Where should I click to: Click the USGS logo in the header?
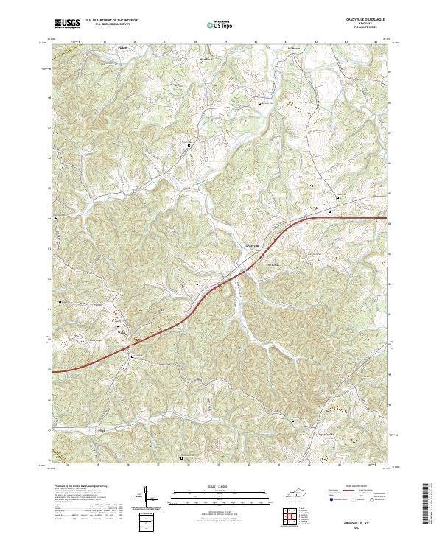pos(68,23)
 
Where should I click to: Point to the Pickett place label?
pos(124,47)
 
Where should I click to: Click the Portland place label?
pos(206,57)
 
